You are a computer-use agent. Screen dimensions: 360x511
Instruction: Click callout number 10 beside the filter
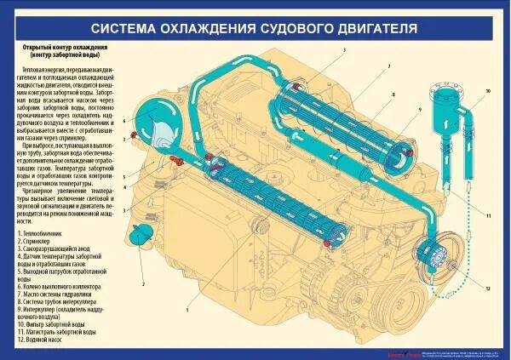click(488, 89)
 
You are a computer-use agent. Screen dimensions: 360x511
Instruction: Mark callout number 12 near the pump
click(488, 289)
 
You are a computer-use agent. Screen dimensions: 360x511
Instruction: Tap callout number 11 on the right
click(488, 216)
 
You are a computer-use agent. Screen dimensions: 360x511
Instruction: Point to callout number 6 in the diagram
click(124, 122)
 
